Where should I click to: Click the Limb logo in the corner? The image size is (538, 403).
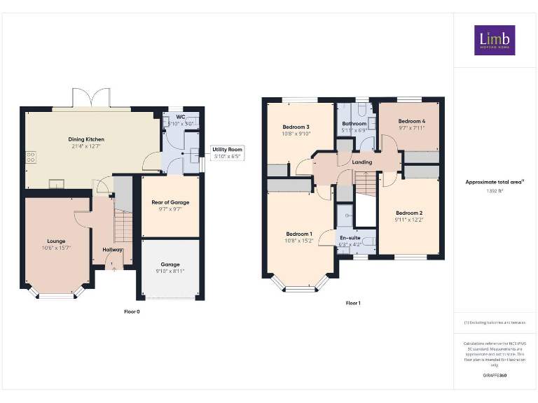pos(495,41)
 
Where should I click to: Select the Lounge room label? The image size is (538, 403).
pos(56,241)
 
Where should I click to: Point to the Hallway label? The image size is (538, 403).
pos(112,250)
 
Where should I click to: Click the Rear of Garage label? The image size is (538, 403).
pos(170,203)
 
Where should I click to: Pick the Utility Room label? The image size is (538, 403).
pos(227,150)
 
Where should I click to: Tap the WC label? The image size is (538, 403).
pos(180,117)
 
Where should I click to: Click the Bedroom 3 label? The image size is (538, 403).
pos(296,127)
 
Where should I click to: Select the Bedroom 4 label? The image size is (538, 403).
pos(412,121)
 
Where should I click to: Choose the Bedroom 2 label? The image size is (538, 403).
pos(409,213)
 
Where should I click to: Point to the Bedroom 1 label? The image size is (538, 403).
pos(299,234)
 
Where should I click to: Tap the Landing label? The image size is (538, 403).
pos(362,162)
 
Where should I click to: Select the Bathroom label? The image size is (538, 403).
pos(354,124)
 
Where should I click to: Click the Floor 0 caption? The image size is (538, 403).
pos(132,311)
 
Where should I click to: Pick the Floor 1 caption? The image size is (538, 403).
pos(353,304)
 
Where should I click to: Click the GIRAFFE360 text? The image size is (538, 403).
pos(495,376)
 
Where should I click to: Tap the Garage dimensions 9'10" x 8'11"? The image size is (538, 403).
pos(170,271)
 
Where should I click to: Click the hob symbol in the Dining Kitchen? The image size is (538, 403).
pos(31,157)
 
